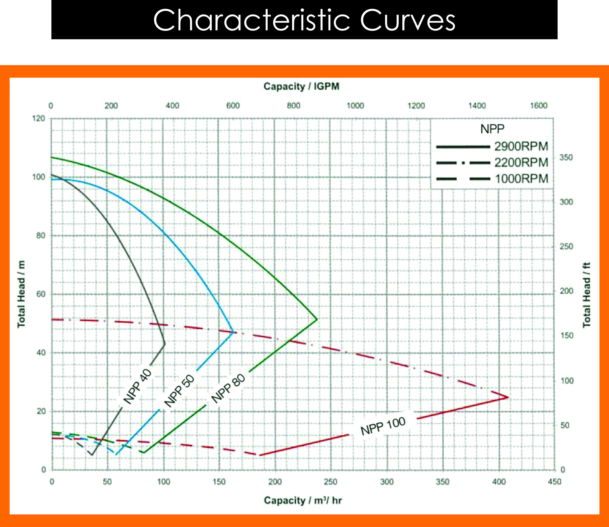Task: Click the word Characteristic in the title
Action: [251, 20]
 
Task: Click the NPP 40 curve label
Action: [137, 386]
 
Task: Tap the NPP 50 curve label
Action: [179, 390]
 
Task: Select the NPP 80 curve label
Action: [228, 388]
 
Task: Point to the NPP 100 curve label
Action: [383, 426]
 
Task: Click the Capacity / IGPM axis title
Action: [301, 86]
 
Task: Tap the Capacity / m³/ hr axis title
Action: [302, 500]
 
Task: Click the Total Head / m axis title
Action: [21, 294]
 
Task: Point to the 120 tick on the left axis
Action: [39, 119]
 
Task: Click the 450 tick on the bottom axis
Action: [555, 482]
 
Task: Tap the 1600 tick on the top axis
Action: [538, 105]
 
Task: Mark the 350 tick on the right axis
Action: [566, 158]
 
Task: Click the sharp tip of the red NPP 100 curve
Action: [508, 398]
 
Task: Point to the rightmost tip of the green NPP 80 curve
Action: [317, 319]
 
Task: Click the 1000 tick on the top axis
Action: [355, 105]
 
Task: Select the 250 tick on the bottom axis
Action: [331, 482]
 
